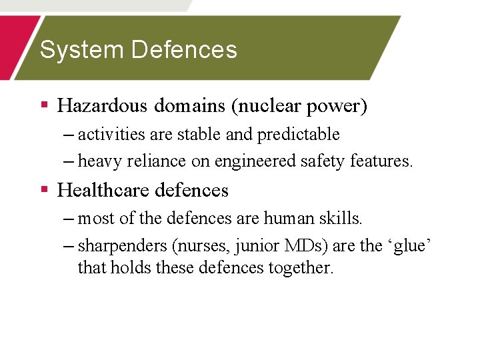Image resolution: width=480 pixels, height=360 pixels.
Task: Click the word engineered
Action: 255,161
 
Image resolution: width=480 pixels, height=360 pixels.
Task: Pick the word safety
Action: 324,161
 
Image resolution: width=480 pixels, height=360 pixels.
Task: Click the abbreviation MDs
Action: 306,245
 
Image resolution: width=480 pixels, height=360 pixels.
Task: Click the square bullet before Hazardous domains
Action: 45,105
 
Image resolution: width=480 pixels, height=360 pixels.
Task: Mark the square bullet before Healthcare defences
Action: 45,190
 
